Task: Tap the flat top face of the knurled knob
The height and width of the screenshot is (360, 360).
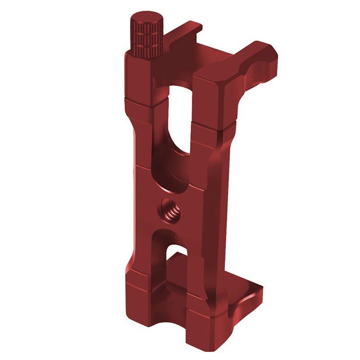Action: pyautogui.click(x=146, y=20)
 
